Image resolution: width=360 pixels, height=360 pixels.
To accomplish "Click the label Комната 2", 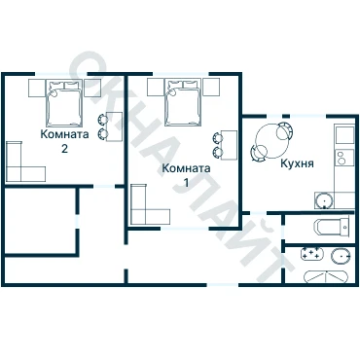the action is (x=64, y=141).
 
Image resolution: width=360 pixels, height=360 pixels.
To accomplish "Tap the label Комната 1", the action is (x=186, y=175).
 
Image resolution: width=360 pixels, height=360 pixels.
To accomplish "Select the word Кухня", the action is (x=297, y=163).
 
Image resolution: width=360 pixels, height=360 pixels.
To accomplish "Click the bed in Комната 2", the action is (x=63, y=103).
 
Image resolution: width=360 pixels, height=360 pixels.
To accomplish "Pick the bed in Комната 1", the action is (x=183, y=102).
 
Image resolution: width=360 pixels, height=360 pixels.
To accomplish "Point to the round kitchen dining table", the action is (x=271, y=141).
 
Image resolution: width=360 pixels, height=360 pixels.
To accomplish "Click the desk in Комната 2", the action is (x=114, y=126).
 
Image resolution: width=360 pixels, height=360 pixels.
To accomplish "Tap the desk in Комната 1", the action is (x=230, y=145).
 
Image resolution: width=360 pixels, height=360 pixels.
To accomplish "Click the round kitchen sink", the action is (x=324, y=200).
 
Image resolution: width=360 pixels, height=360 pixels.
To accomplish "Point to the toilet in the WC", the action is (x=332, y=227).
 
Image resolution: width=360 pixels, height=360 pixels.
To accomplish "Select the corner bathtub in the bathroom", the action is (x=326, y=277).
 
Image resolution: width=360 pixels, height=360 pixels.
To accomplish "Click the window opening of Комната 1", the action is (x=180, y=74).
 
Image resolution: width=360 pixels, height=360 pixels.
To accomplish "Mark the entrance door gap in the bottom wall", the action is (x=223, y=285).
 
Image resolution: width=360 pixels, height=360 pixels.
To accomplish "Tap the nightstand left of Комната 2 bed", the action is (x=36, y=88).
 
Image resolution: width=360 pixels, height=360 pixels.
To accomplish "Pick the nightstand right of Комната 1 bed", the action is (x=211, y=87).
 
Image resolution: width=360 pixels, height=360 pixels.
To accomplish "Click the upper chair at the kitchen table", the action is (x=285, y=130).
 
